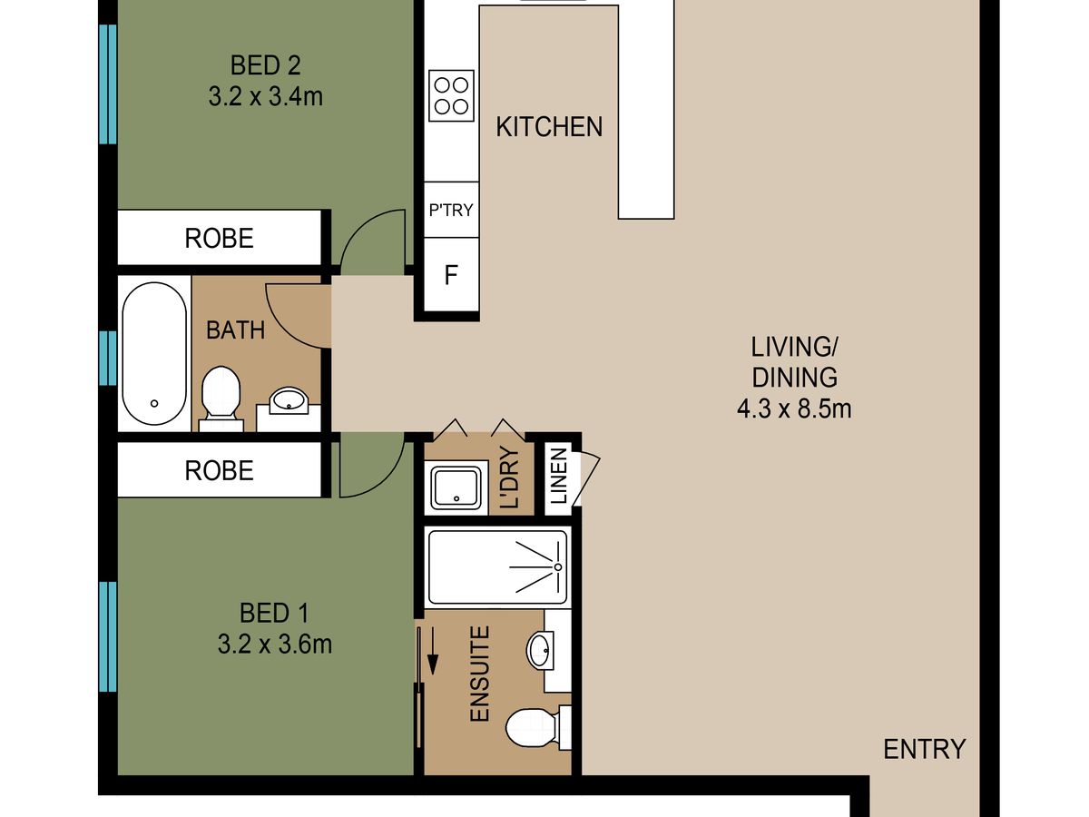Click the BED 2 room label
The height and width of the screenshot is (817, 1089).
(x=265, y=66)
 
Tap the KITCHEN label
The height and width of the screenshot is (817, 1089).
(x=549, y=127)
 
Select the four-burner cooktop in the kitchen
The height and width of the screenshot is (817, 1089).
(x=451, y=95)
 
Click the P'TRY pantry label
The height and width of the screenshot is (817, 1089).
(x=451, y=211)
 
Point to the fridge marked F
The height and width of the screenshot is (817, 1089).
(x=451, y=275)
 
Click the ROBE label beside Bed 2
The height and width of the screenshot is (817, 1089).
(x=219, y=239)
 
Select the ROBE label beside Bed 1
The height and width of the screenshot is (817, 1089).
(x=219, y=471)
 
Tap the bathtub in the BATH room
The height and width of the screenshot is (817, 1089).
(x=154, y=354)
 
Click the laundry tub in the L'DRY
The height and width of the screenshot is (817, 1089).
(x=456, y=488)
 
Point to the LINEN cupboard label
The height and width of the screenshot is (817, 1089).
(x=559, y=476)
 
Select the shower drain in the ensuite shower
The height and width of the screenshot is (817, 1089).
(x=558, y=567)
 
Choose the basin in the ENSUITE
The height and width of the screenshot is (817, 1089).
(x=540, y=650)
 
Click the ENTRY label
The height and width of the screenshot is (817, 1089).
(x=924, y=750)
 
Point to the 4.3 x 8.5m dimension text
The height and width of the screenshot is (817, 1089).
(x=794, y=409)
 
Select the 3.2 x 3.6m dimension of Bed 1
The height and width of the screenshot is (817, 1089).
(x=274, y=645)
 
